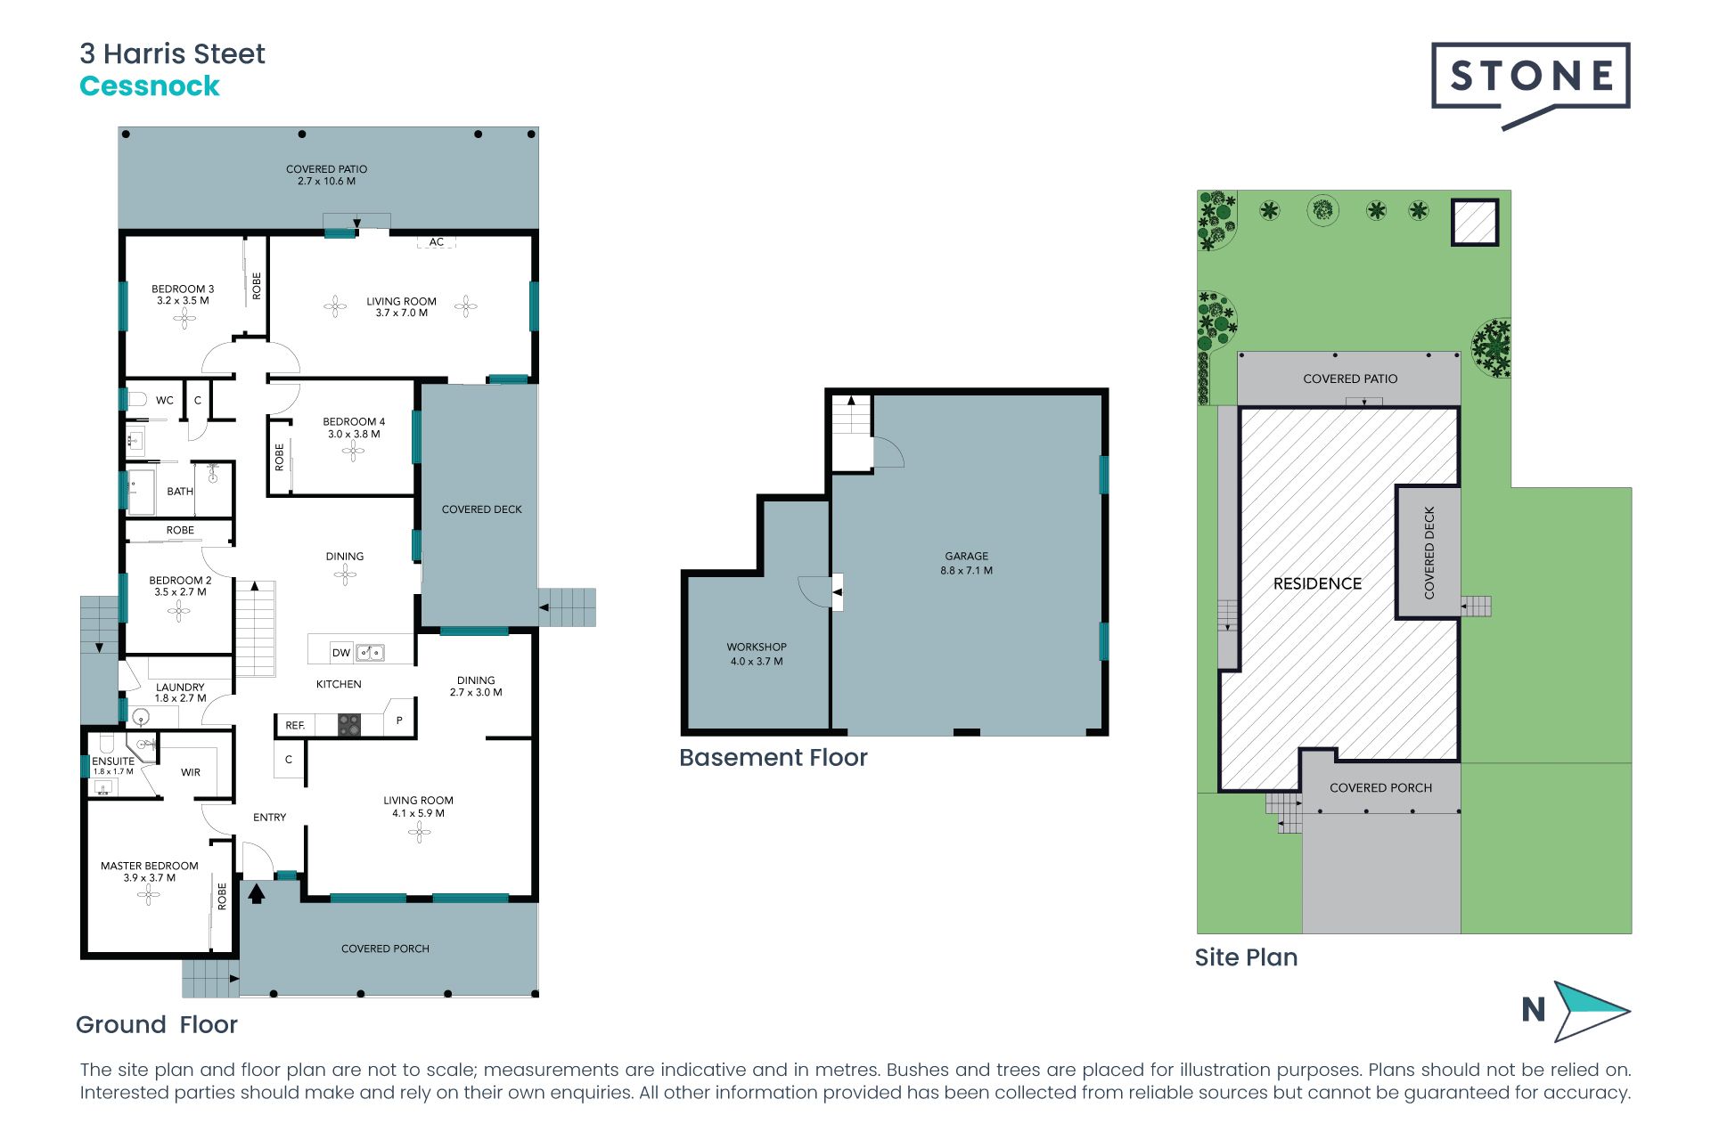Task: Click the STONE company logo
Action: pyautogui.click(x=1530, y=77)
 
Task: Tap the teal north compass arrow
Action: pyautogui.click(x=1589, y=1011)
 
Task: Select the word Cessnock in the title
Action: pyautogui.click(x=150, y=86)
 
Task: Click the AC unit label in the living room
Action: pyautogui.click(x=436, y=241)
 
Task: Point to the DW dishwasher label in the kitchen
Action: pyautogui.click(x=341, y=653)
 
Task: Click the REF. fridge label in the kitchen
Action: pyautogui.click(x=295, y=726)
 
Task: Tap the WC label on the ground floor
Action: pyautogui.click(x=165, y=401)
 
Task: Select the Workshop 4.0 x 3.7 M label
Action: pyautogui.click(x=757, y=654)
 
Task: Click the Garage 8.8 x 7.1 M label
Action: pyautogui.click(x=966, y=563)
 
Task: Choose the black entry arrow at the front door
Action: pyautogui.click(x=257, y=892)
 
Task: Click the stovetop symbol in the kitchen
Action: pyautogui.click(x=349, y=725)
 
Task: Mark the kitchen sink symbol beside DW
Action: pyautogui.click(x=370, y=653)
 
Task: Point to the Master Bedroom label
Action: pyautogui.click(x=150, y=871)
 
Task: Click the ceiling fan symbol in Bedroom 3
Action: pyautogui.click(x=184, y=318)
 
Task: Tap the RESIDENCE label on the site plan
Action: pyautogui.click(x=1317, y=583)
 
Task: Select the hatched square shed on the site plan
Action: pyautogui.click(x=1475, y=222)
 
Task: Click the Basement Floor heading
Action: pyautogui.click(x=773, y=758)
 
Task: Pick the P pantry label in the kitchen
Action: pyautogui.click(x=399, y=721)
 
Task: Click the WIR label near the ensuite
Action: pyautogui.click(x=191, y=772)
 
